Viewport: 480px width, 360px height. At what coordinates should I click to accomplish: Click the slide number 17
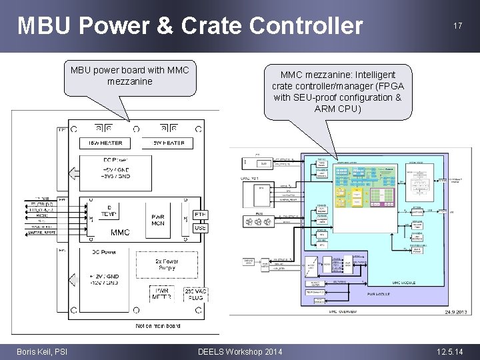pyautogui.click(x=457, y=26)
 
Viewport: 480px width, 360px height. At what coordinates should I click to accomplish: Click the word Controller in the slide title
pyautogui.click(x=306, y=26)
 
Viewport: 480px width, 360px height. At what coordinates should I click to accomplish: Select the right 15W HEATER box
pyautogui.click(x=168, y=143)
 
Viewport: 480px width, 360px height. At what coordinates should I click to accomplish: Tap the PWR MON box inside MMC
pyautogui.click(x=158, y=219)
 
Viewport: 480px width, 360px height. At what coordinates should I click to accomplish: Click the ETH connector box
pyautogui.click(x=200, y=215)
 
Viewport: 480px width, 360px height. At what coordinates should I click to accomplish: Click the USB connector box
pyautogui.click(x=200, y=228)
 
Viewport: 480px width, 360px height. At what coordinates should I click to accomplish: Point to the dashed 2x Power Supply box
pyautogui.click(x=167, y=265)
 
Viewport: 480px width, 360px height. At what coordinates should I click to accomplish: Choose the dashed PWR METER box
pyautogui.click(x=163, y=294)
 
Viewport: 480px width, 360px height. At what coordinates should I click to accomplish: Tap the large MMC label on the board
pyautogui.click(x=120, y=233)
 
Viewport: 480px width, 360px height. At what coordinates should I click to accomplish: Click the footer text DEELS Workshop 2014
pyautogui.click(x=240, y=351)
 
